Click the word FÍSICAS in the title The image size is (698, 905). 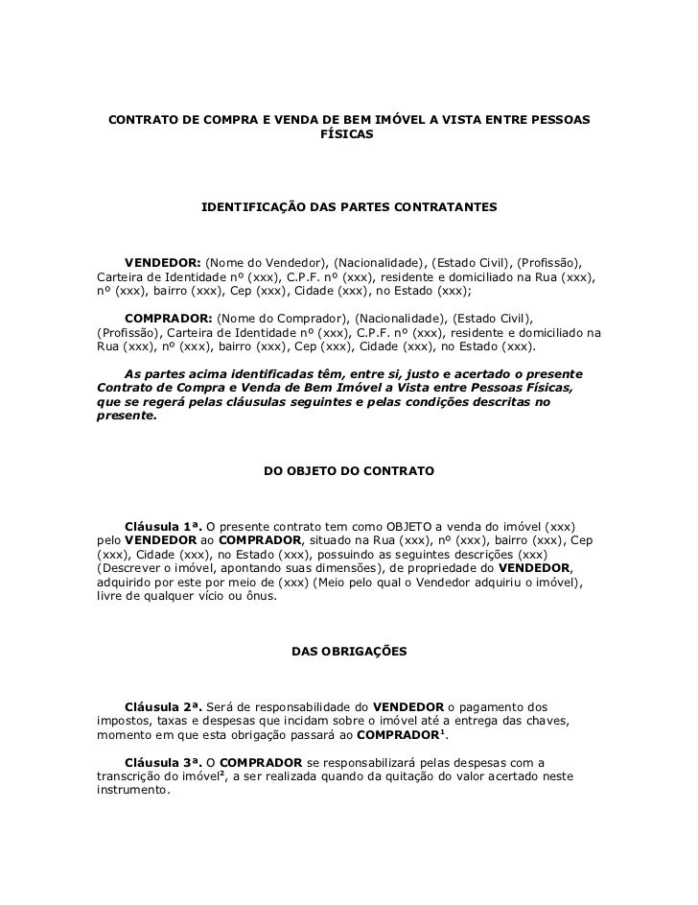click(348, 135)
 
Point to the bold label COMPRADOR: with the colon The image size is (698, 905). click(169, 318)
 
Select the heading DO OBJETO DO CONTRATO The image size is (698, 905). click(348, 472)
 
